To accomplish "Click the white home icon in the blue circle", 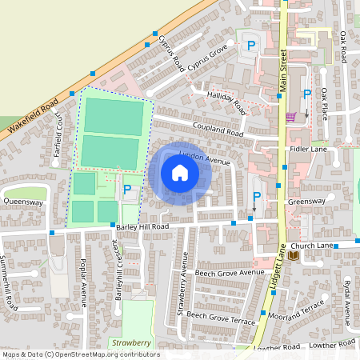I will coord(179,173).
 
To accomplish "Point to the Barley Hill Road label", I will coord(143,226).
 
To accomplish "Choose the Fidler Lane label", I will coord(310,150).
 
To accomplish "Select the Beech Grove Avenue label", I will coord(230,273).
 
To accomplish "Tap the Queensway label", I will coord(22,202).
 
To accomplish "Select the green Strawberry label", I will coord(132,342).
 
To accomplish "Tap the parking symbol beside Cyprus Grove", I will coord(250,46).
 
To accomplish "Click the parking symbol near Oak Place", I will coord(306,95).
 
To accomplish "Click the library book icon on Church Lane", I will coord(293,255).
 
